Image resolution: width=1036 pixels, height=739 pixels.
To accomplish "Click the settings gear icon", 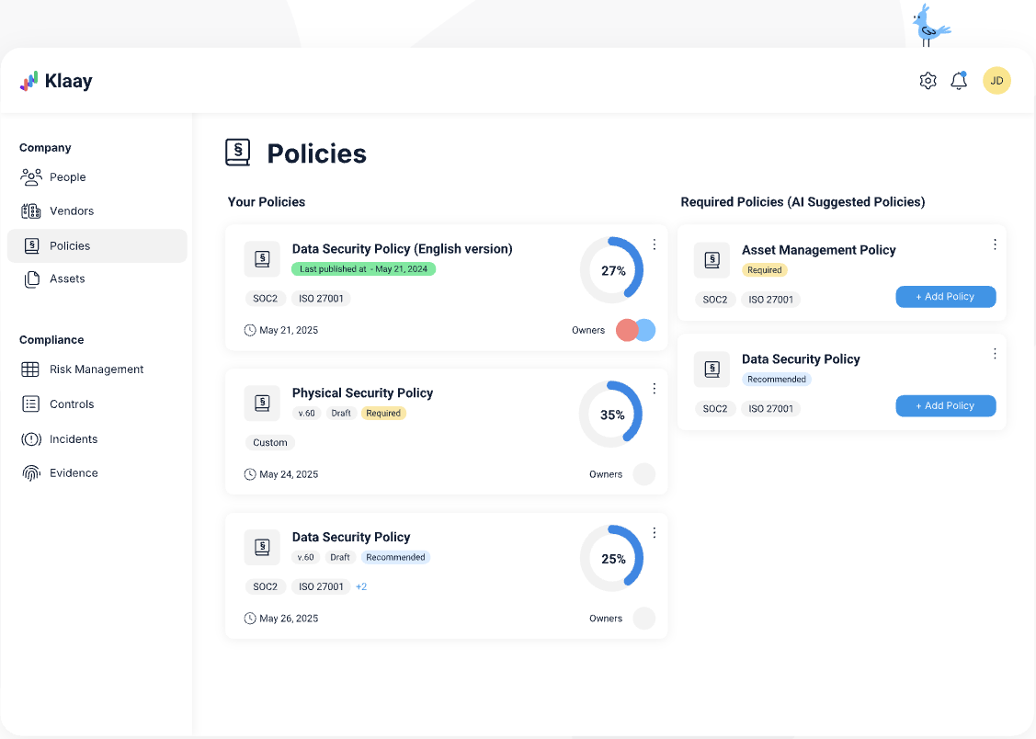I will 928,81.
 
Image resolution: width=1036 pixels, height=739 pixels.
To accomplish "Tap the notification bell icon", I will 959,81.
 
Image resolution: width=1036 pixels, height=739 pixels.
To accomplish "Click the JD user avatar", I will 996,81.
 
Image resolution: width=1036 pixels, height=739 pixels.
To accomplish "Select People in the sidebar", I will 67,177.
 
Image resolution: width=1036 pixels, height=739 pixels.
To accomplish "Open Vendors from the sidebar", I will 71,211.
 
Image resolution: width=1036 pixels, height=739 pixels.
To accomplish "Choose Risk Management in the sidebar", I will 96,369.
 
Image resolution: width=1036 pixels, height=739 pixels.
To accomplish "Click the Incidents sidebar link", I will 73,439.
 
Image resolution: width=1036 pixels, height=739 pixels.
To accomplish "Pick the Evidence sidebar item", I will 74,473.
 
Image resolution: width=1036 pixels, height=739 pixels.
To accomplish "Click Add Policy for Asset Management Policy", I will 945,297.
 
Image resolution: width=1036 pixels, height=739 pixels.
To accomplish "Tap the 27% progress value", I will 613,271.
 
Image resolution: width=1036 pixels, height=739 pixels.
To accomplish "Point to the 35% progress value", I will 612,415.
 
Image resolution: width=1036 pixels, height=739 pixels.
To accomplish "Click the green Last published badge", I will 363,269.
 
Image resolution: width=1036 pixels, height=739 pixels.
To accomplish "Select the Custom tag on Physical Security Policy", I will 270,443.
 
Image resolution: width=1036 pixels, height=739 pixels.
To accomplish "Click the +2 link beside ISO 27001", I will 361,586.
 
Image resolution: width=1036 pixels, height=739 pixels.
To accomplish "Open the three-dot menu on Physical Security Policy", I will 655,389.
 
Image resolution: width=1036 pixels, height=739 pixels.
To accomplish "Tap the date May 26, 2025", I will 289,619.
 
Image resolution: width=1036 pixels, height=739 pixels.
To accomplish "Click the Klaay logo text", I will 68,81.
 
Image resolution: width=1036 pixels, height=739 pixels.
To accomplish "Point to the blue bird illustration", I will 929,24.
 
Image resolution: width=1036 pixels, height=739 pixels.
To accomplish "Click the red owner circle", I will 627,331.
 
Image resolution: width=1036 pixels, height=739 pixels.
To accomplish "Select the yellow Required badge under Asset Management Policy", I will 764,270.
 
